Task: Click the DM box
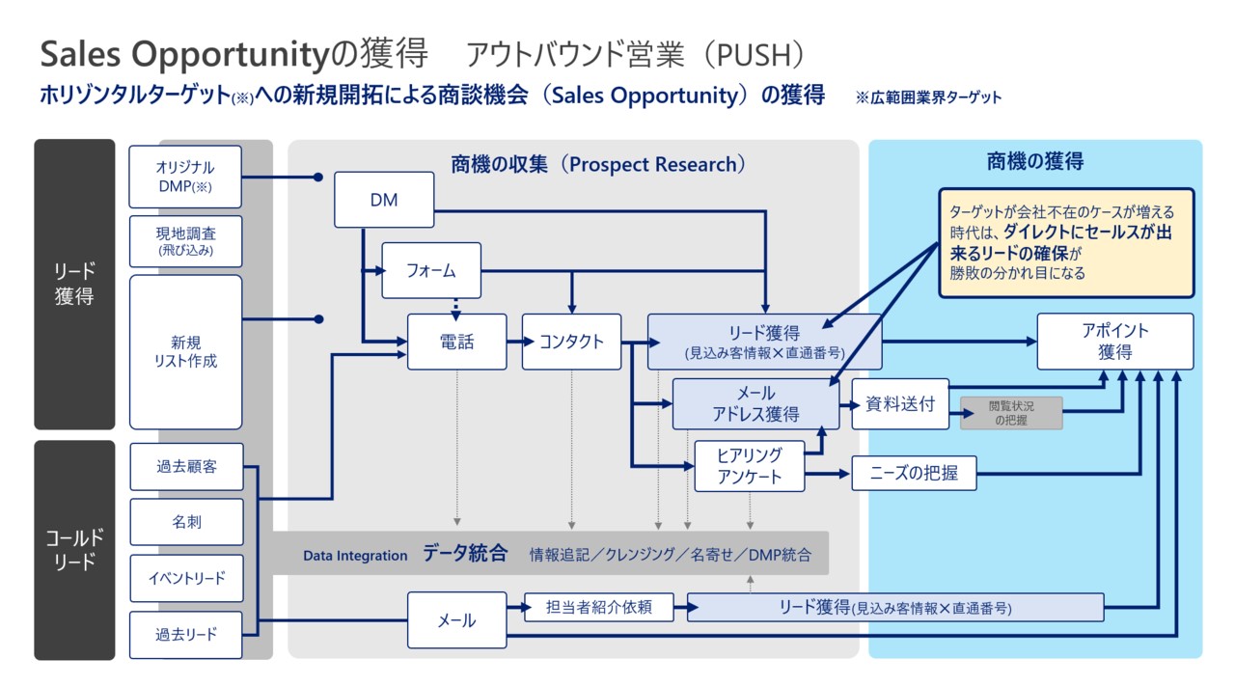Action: [x=384, y=201]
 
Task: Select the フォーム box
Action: [x=431, y=270]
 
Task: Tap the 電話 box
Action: [x=456, y=342]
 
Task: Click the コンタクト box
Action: [x=571, y=342]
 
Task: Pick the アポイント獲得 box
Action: [x=1114, y=342]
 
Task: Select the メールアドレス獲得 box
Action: [x=755, y=404]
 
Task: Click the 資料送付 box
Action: [x=900, y=404]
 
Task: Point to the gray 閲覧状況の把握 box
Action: [x=1010, y=413]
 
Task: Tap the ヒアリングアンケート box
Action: [x=749, y=465]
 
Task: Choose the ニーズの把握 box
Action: [x=914, y=474]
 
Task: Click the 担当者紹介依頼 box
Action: [x=598, y=607]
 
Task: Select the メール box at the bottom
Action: [x=456, y=619]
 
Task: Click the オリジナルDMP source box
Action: [x=185, y=177]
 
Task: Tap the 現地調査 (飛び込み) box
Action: [x=185, y=241]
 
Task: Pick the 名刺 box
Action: [x=186, y=522]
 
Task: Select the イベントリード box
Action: [x=186, y=578]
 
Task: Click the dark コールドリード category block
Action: [x=74, y=550]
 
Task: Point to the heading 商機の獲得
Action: [x=1035, y=162]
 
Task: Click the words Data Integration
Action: [x=355, y=556]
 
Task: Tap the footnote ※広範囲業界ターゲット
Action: [x=928, y=97]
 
